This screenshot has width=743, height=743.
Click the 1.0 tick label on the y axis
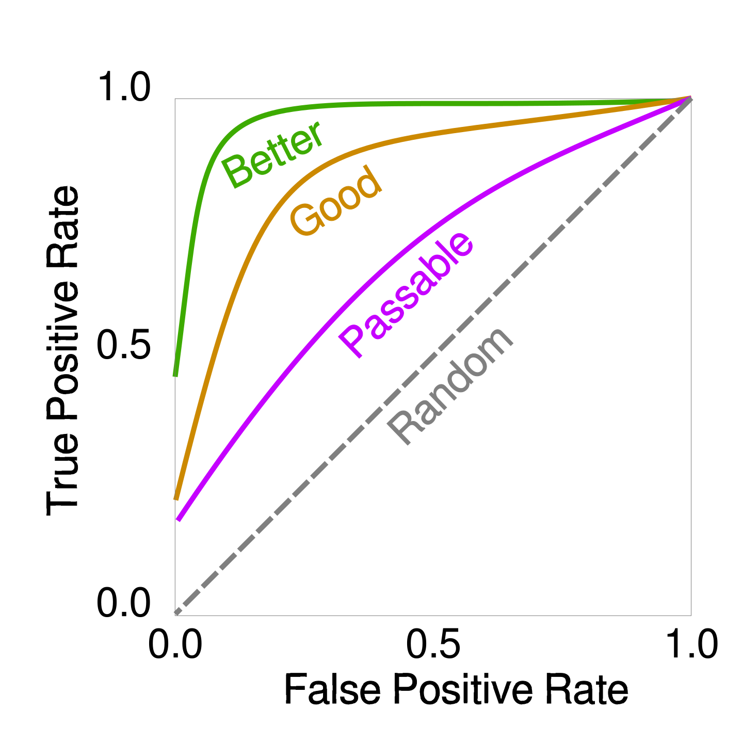click(x=124, y=87)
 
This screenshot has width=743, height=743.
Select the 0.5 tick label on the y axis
click(x=124, y=345)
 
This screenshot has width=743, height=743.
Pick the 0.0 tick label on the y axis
click(x=124, y=603)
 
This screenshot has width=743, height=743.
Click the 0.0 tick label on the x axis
click(x=175, y=645)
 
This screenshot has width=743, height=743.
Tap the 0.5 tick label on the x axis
click(x=433, y=645)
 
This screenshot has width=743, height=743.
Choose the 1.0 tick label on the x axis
click(x=691, y=645)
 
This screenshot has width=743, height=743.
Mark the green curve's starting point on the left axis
click(x=175, y=376)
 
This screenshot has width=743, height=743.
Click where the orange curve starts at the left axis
click(x=176, y=498)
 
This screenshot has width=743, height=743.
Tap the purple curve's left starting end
click(x=179, y=519)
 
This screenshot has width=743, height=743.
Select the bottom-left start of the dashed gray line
click(x=176, y=613)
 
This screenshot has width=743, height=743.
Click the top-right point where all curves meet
click(x=690, y=98)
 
